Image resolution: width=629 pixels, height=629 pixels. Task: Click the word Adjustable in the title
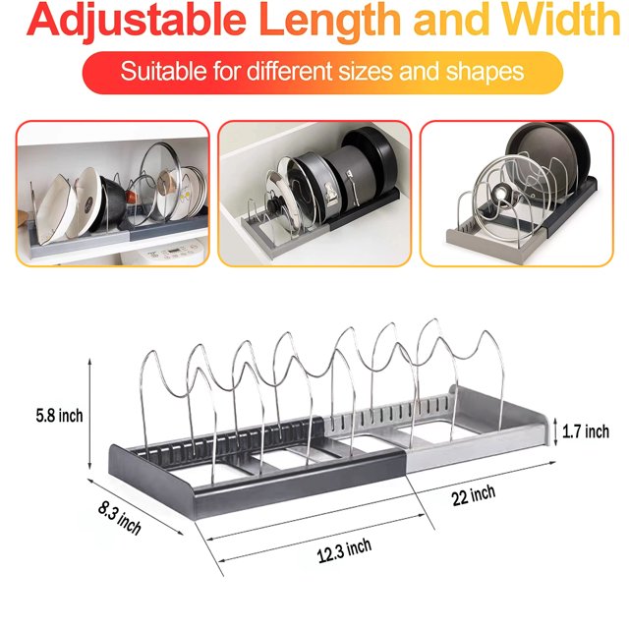137,20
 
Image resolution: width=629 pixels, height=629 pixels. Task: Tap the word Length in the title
330,20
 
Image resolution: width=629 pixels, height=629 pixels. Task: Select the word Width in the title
561,20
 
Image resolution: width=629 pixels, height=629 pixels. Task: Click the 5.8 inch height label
59,416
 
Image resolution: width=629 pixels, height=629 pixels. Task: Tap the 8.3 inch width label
120,518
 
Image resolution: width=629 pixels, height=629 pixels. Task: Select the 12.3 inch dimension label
344,551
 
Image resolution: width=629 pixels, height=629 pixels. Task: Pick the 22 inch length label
474,495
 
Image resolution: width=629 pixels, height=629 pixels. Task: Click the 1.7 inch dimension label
586,431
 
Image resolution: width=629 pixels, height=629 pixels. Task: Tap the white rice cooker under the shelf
164,253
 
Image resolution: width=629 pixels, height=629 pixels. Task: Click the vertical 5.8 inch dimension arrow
89,414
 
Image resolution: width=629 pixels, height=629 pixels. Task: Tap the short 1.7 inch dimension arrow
555,431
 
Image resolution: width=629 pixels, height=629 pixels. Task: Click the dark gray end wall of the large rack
151,479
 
